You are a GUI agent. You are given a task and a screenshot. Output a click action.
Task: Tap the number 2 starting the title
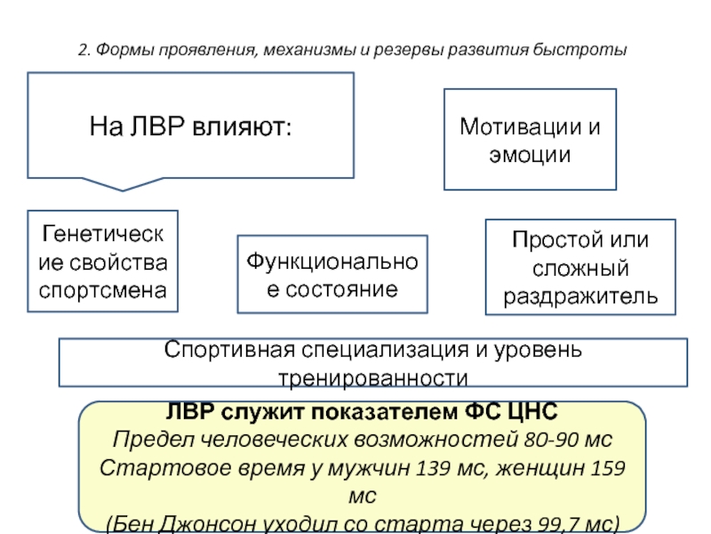[83, 50]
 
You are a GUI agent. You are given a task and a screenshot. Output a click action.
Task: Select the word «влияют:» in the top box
[242, 126]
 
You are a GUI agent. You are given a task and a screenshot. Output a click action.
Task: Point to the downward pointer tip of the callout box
[123, 190]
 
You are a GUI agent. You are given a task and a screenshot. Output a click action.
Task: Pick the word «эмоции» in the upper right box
[530, 155]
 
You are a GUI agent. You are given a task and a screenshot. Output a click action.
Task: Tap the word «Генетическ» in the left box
[102, 234]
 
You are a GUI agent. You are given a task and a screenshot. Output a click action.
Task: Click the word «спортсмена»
[102, 291]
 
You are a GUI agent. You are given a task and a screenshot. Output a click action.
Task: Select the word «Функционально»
[332, 262]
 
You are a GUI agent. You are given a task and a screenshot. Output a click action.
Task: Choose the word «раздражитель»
[580, 296]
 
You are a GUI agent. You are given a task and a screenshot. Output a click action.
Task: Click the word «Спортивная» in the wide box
[229, 350]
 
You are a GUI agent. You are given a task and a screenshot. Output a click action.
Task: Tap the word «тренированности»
[373, 378]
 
